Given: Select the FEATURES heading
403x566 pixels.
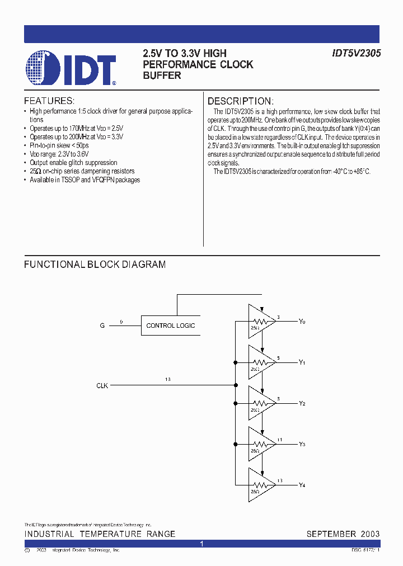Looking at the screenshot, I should coord(49,101).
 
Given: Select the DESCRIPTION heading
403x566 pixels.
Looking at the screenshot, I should coord(240,101).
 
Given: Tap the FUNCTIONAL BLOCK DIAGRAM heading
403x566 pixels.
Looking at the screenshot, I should coord(95,265).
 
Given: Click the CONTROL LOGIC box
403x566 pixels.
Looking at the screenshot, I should coord(171,326).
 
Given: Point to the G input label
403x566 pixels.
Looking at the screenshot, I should coord(102,326).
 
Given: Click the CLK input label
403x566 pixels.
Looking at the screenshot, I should coord(102,385).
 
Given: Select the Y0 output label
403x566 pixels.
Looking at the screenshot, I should coord(302,322).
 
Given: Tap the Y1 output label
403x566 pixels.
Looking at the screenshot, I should coord(302,362).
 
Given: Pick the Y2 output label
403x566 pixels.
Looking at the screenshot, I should coord(302,403).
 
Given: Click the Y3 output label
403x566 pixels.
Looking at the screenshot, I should coord(302,444).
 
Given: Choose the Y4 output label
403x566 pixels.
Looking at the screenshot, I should coord(302,485).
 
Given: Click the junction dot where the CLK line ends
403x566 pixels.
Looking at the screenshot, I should coord(236,385).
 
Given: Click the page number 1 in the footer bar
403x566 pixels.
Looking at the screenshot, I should coord(201,544).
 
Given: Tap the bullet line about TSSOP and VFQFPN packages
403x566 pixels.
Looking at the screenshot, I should coord(85,180).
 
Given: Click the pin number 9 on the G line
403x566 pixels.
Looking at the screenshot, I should coord(121,322).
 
